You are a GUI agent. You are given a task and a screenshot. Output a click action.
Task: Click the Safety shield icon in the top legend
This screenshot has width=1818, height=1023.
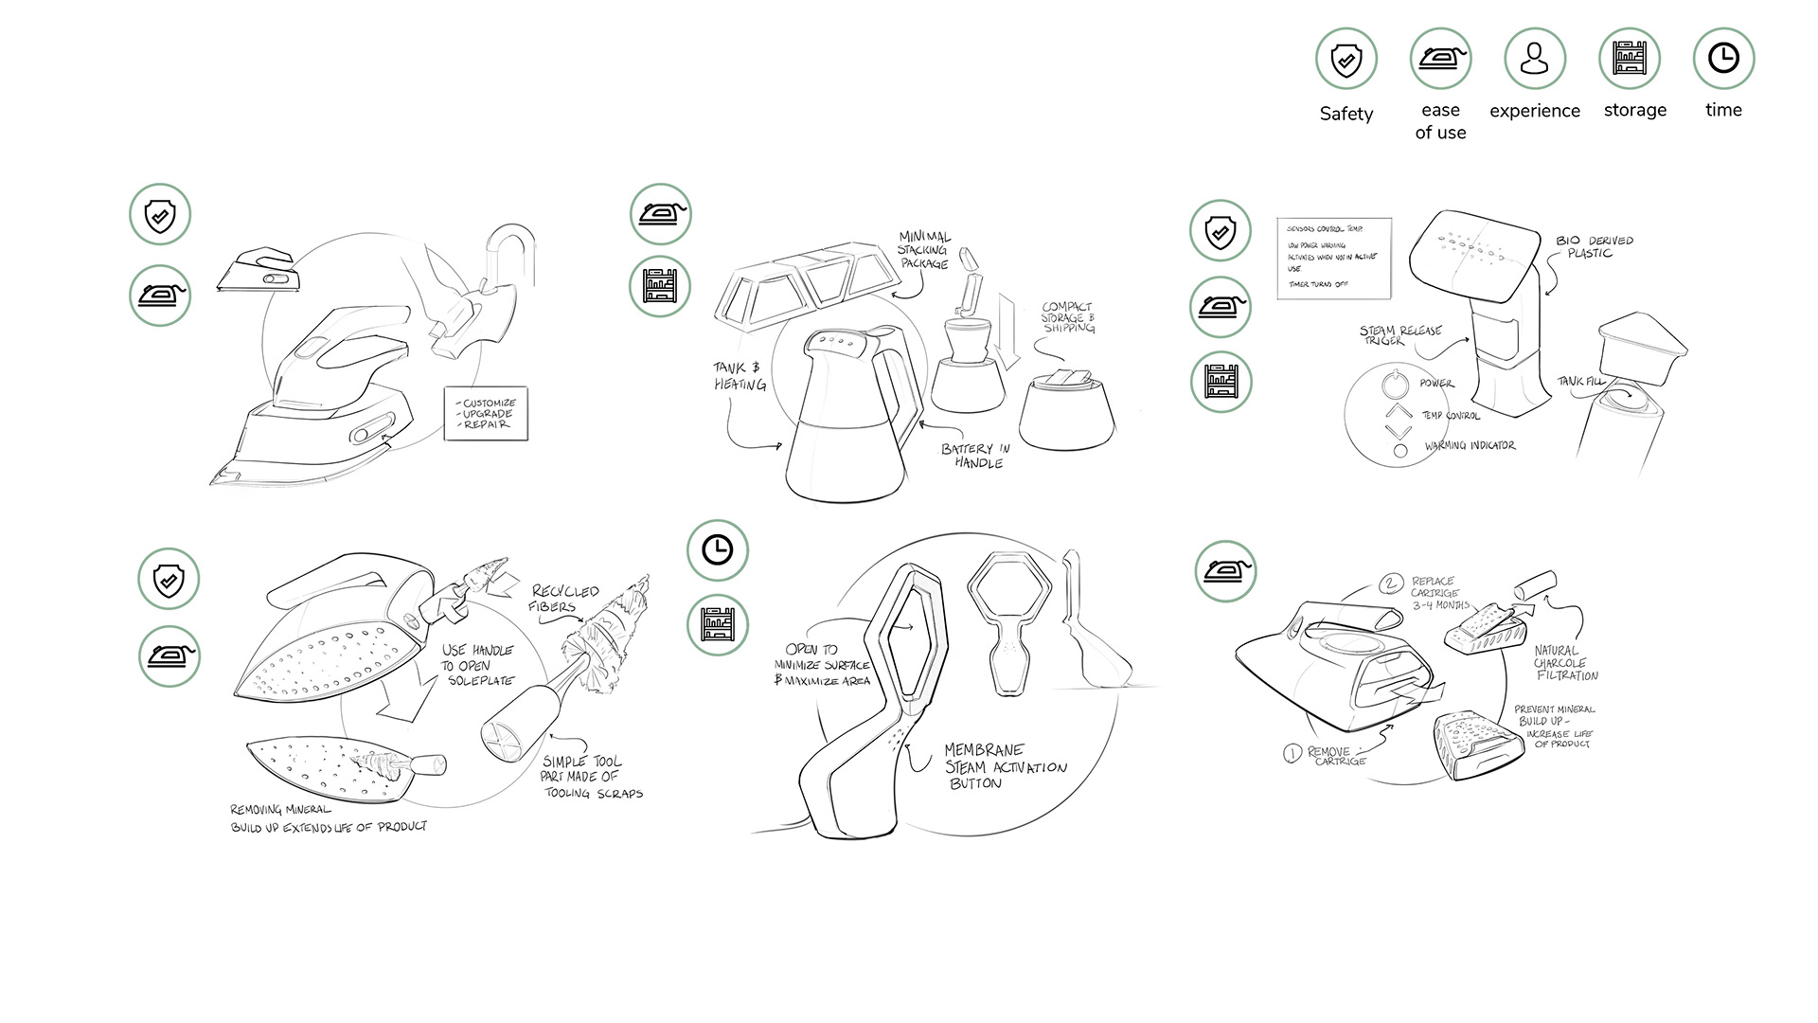click(x=1346, y=60)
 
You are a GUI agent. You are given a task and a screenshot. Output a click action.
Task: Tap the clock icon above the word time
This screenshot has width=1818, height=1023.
click(x=1722, y=59)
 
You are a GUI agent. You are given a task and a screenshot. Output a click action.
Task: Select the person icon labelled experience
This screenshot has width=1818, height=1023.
click(x=1534, y=59)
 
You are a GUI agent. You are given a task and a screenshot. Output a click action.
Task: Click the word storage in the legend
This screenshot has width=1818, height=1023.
click(x=1634, y=110)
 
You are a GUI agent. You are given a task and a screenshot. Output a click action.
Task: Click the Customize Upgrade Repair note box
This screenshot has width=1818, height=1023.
click(x=486, y=414)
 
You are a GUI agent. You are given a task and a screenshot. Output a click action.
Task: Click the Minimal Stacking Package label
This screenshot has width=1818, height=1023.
click(x=923, y=250)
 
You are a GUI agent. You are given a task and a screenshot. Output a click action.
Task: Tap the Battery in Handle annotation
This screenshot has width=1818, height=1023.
click(x=976, y=456)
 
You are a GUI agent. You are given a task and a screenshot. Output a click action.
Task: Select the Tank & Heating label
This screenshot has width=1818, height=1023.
click(x=740, y=376)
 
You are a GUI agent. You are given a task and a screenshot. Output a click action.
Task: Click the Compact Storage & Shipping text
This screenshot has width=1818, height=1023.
click(x=1068, y=317)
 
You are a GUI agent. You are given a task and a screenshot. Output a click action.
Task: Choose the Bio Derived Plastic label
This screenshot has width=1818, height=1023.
click(x=1594, y=246)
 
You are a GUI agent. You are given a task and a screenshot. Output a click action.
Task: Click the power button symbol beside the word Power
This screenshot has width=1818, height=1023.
click(x=1391, y=385)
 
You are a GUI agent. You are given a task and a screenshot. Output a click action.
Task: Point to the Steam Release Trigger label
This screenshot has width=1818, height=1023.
click(x=1399, y=334)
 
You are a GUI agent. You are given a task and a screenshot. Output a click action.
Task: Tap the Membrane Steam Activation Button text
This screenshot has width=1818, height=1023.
click(x=1004, y=766)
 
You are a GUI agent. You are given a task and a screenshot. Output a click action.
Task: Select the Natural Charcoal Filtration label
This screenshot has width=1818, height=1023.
click(x=1565, y=663)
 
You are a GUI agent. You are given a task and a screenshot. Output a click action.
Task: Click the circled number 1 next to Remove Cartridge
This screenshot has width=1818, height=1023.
click(x=1292, y=754)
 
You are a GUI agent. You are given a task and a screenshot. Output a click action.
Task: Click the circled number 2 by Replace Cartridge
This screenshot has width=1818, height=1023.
click(x=1390, y=583)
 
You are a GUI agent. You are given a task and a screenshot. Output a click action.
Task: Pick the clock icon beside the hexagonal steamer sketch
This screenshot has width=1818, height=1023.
click(x=717, y=550)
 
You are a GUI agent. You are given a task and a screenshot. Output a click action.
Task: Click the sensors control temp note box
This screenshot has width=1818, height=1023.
click(x=1334, y=259)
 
